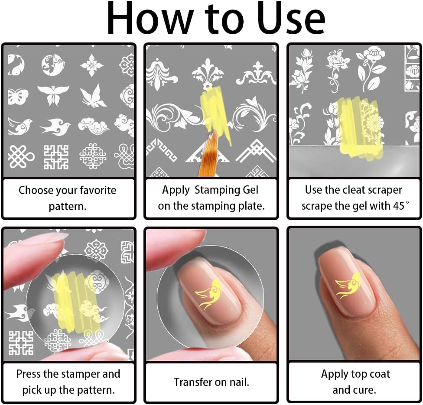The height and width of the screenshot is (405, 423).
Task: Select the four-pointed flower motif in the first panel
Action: click(x=92, y=65)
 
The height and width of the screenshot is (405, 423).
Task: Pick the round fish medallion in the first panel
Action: click(x=53, y=65)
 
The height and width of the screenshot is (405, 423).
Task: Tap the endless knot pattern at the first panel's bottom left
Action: click(x=21, y=157)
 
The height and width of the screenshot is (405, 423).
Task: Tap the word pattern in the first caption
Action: click(x=68, y=207)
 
